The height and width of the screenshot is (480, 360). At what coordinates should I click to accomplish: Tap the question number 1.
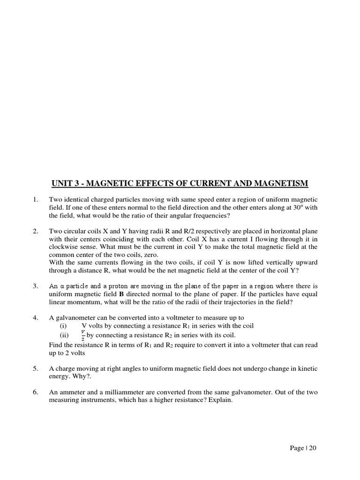coord(35,200)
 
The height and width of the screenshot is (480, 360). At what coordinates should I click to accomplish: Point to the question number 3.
coord(35,285)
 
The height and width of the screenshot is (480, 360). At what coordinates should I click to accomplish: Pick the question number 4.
coord(35,317)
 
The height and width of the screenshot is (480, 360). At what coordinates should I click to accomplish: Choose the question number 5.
coord(35,369)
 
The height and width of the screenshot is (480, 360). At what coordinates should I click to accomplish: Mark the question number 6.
coord(35,392)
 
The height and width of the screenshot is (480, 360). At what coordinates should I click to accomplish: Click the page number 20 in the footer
coord(313,448)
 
